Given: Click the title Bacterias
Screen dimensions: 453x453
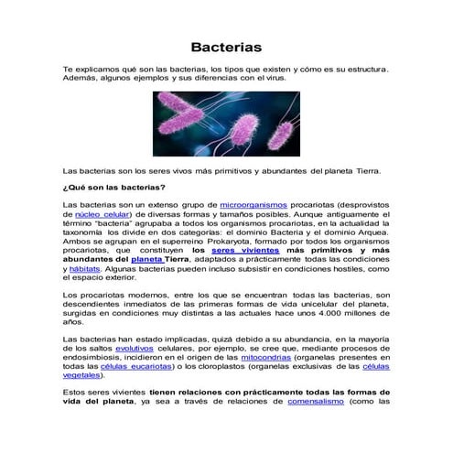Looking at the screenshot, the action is coord(226,46).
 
